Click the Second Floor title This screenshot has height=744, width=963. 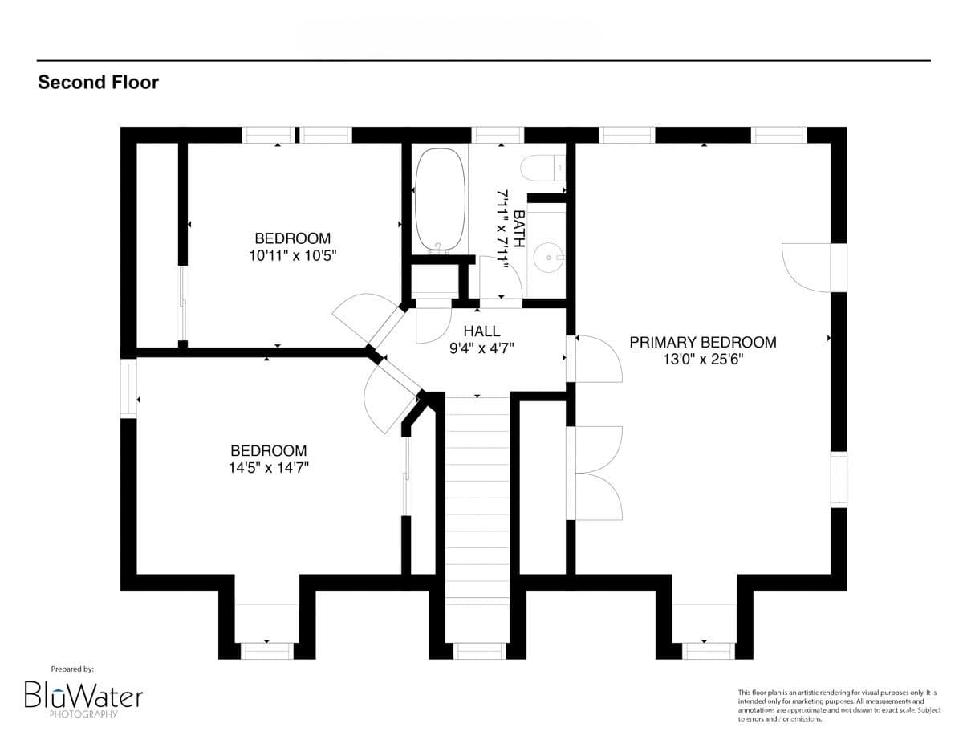pos(98,82)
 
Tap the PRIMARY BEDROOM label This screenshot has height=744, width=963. pos(702,343)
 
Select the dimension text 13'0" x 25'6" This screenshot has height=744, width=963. pos(702,360)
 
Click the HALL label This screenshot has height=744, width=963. pos(481,331)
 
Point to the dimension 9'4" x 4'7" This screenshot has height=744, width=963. pos(481,348)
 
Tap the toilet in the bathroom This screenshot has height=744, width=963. pos(542,169)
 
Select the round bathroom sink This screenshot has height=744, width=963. pos(550,258)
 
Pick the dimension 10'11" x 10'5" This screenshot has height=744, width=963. pos(292,255)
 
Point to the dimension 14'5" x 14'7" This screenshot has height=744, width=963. pos(268,468)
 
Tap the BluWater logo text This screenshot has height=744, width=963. pos(83,694)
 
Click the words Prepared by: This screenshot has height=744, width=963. pos(72,669)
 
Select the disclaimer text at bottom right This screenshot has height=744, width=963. pos(836,705)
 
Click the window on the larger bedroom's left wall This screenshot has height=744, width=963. pos(128,389)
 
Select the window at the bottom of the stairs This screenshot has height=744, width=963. pos(479,651)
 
